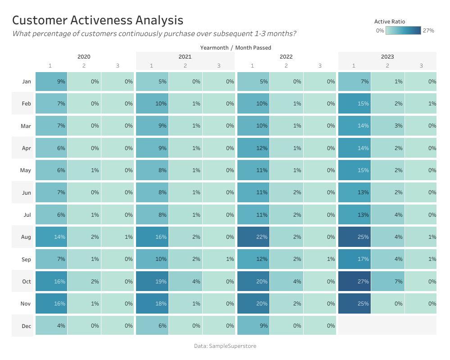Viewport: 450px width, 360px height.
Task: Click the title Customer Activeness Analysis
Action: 97,20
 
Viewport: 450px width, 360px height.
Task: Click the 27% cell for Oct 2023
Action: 354,281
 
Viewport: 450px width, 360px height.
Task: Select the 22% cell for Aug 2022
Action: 253,237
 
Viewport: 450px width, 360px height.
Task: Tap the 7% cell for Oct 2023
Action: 388,281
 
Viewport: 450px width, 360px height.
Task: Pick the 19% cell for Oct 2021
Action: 152,281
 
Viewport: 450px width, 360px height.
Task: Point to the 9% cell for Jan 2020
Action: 51,82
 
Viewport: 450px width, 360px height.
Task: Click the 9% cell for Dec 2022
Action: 253,325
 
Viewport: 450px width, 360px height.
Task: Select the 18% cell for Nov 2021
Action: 152,303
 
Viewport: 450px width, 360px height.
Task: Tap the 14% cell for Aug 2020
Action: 51,237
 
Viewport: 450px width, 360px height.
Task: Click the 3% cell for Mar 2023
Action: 388,126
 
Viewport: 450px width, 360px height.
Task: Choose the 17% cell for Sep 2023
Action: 354,259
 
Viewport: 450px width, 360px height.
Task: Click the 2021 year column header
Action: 185,57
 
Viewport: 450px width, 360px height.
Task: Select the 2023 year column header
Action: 387,57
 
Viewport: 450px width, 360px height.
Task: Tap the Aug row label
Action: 26,237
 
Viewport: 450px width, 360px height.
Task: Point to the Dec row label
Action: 26,325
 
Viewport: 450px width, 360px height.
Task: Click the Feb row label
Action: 26,104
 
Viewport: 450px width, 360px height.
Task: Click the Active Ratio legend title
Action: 390,21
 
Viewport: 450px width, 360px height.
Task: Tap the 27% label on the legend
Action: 428,31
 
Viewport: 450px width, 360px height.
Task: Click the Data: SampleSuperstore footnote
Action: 225,346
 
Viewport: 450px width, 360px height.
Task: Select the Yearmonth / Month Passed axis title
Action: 236,47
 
